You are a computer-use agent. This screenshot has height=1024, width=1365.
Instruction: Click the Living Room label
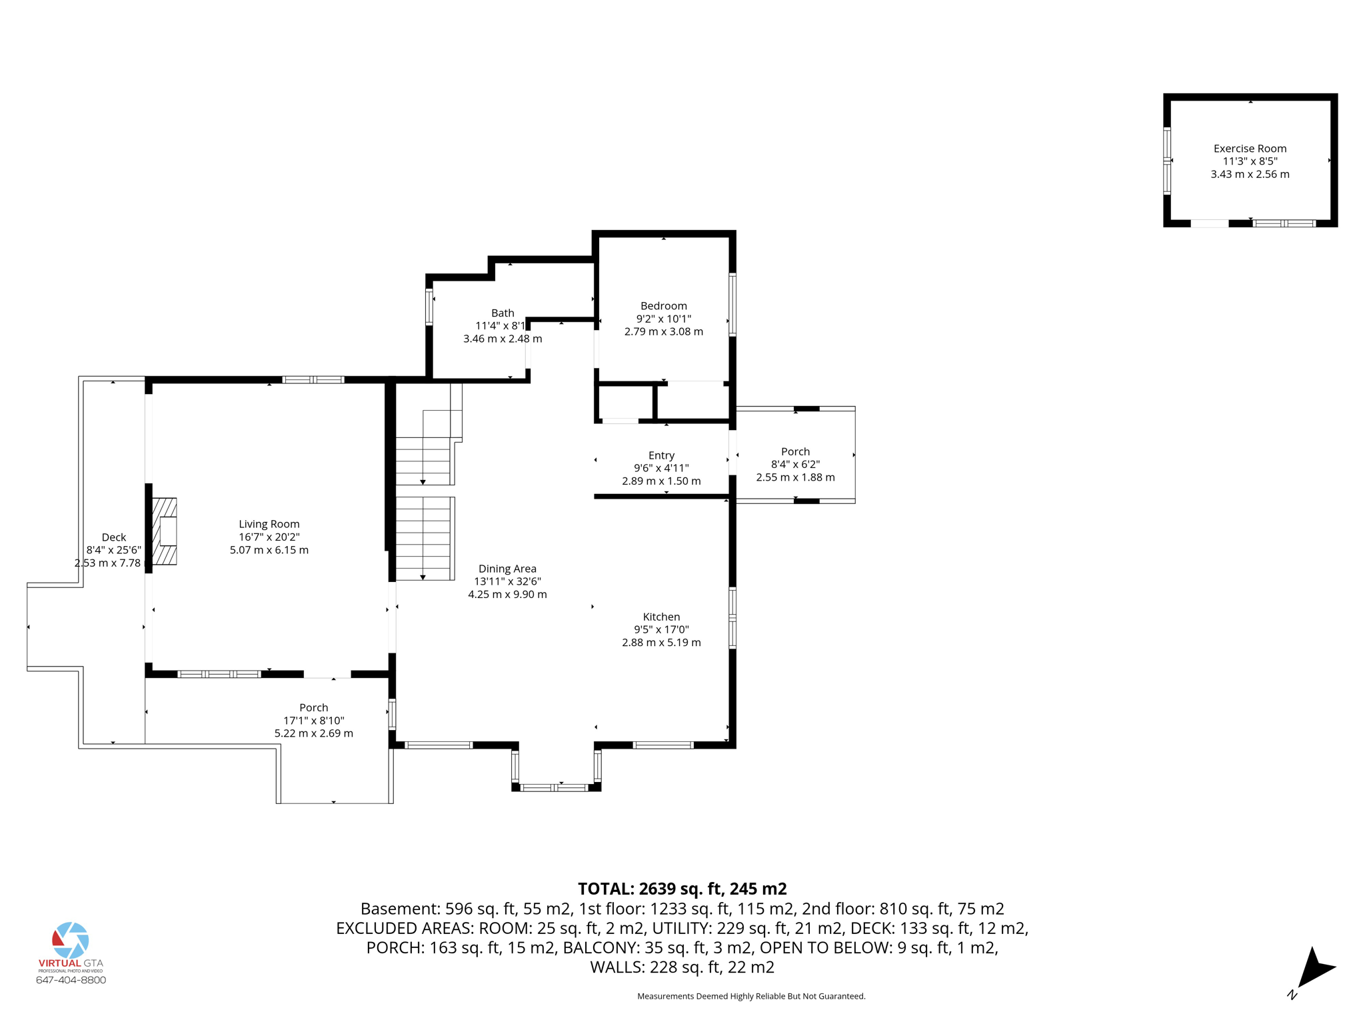[269, 524]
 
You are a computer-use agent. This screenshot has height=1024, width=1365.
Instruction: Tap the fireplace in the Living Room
[165, 531]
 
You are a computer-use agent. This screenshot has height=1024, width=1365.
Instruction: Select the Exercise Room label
[1250, 149]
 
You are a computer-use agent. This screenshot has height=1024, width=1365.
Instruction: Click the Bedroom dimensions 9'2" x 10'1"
[663, 319]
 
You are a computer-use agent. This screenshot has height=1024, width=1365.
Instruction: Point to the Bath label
[503, 313]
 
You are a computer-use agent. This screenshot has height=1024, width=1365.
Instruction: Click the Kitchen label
[661, 617]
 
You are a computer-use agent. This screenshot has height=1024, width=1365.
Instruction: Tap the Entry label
[661, 455]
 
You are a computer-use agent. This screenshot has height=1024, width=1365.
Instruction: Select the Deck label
[114, 537]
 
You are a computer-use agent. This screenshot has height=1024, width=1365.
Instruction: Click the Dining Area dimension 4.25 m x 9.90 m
[507, 595]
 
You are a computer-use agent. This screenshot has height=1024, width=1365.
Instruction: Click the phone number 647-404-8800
[71, 980]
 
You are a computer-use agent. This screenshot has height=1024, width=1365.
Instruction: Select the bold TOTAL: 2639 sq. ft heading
[682, 889]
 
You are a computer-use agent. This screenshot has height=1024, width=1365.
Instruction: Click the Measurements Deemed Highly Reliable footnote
[751, 996]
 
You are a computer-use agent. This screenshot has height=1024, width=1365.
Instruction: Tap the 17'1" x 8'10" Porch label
[313, 721]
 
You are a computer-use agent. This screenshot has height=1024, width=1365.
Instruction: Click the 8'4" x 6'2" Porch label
[795, 464]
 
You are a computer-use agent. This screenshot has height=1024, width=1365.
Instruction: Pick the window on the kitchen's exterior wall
[732, 617]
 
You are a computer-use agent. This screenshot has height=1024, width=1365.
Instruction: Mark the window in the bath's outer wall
[429, 307]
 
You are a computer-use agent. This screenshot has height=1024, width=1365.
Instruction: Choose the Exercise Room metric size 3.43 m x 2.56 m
[1250, 174]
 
